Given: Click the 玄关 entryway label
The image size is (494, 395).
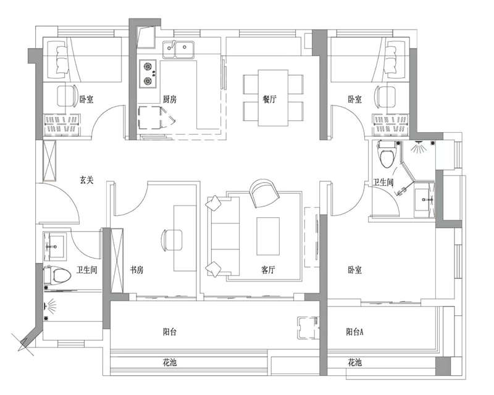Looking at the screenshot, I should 86,180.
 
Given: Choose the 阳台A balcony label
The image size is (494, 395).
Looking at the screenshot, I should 354,332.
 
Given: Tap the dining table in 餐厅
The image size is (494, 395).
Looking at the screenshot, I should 273,97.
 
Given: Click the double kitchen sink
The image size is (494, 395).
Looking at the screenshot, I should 178,49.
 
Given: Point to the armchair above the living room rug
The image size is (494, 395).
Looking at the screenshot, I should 264,193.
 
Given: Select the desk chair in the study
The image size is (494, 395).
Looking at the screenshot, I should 172,239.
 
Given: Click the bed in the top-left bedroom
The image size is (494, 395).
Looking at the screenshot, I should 86,59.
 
